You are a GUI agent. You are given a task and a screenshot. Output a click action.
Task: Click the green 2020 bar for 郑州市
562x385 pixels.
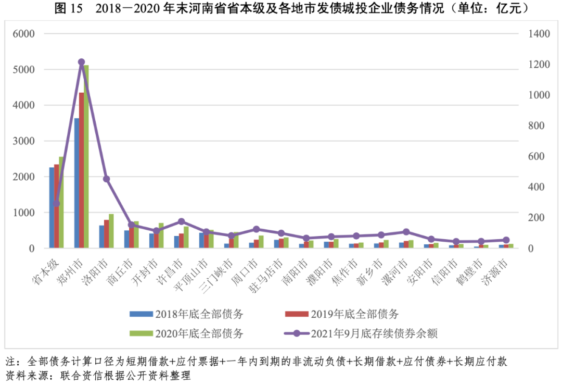(86, 156)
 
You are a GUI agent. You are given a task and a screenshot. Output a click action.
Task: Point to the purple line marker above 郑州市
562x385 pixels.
(81, 62)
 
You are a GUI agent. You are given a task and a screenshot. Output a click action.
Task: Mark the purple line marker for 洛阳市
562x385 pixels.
(106, 179)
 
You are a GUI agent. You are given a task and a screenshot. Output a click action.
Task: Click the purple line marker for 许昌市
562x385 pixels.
(181, 221)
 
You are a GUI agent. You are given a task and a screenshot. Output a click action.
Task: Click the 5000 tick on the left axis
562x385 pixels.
(24, 70)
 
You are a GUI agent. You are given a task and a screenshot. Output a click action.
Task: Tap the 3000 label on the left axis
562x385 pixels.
(24, 141)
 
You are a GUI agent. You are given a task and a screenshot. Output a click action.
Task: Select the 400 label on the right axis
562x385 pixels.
(535, 187)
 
